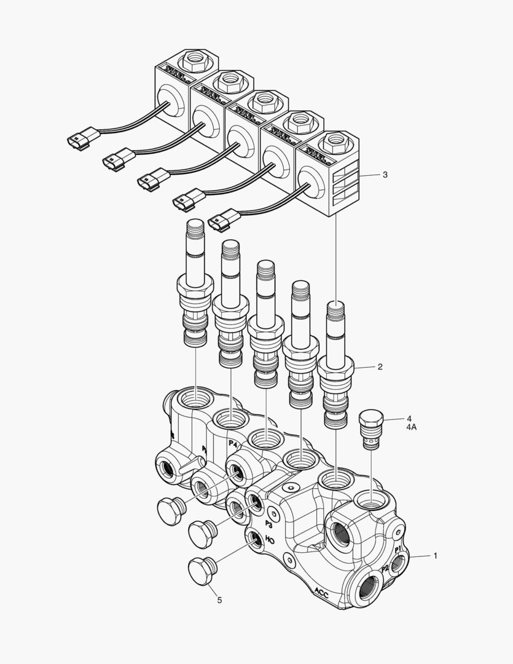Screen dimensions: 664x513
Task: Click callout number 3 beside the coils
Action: click(385, 175)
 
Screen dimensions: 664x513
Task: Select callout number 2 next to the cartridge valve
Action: click(380, 366)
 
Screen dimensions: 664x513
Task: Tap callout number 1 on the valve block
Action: click(435, 555)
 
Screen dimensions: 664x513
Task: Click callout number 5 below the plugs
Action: click(219, 599)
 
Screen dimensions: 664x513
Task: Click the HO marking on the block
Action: click(269, 542)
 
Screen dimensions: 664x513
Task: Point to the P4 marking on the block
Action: click(233, 444)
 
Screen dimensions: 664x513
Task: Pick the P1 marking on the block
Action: click(397, 547)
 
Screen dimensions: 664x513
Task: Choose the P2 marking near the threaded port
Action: click(385, 569)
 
